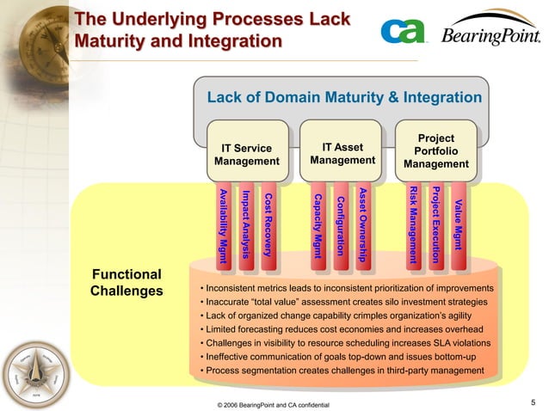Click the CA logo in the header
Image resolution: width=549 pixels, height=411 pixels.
point(402,33)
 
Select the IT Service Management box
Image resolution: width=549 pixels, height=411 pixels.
point(247,155)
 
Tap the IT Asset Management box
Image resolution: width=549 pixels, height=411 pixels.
point(343,154)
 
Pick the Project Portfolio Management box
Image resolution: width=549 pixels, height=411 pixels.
point(435,151)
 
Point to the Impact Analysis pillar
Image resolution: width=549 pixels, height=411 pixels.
point(246,221)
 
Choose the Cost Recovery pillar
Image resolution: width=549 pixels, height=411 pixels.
point(268,221)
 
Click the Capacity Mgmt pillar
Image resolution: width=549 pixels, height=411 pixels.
point(318,221)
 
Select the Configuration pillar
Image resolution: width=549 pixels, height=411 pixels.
point(340,221)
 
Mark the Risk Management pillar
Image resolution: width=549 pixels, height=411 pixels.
point(413,221)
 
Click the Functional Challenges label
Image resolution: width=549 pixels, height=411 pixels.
point(126,283)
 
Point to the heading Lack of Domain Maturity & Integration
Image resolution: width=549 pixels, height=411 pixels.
point(344,98)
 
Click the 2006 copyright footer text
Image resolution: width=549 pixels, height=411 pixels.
point(274,404)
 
